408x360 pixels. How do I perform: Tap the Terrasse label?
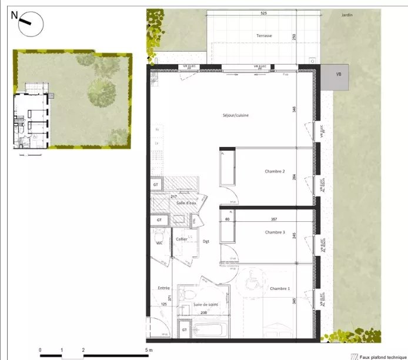264,35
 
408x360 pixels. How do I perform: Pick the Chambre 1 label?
280,288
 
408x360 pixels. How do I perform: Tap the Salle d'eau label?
186,203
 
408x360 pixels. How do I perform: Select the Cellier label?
181,239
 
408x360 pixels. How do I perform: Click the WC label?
159,242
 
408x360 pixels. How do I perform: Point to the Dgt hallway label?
206,241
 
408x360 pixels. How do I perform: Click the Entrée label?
163,288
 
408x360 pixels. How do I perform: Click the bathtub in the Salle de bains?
206,331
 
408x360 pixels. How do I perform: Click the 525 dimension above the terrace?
264,13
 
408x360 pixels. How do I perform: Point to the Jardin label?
347,15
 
